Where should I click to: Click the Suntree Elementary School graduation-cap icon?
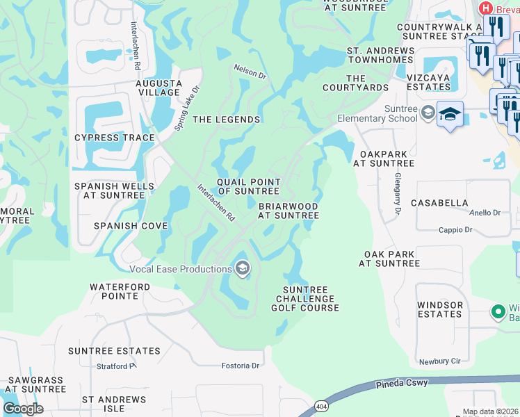[x=450, y=113]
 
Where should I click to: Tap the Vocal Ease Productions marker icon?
[x=242, y=268]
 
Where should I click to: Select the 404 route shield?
[x=320, y=406]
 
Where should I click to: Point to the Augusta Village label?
[x=159, y=88]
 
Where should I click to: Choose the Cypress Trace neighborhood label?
[x=115, y=138]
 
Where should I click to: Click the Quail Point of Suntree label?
[x=248, y=186]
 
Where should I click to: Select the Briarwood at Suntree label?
[x=289, y=211]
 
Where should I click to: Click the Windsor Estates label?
[x=440, y=309]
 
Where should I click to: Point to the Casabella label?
[x=439, y=203]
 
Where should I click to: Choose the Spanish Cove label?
[x=131, y=226]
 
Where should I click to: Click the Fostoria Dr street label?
[x=240, y=366]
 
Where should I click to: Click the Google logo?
[x=23, y=409]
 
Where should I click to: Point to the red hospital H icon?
[x=485, y=7]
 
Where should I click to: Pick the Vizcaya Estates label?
[x=424, y=83]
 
